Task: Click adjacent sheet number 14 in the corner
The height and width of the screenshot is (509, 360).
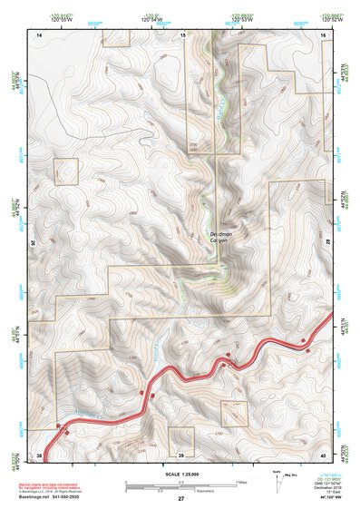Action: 39,34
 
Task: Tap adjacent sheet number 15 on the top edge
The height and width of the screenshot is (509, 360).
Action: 181,34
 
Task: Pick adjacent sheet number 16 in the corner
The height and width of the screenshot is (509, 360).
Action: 325,34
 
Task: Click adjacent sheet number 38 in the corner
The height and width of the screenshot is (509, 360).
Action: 39,455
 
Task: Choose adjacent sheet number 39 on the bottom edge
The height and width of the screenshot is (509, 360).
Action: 181,455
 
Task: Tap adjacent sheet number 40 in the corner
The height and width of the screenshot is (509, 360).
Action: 325,455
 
